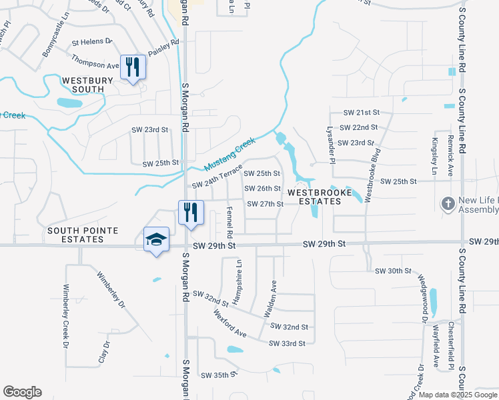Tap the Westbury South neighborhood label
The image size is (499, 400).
click(83, 85)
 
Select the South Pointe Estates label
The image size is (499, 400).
click(83, 235)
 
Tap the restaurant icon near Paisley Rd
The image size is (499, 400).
click(132, 67)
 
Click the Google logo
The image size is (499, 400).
click(22, 392)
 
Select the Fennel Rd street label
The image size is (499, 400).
click(229, 223)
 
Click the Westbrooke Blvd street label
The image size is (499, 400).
click(367, 179)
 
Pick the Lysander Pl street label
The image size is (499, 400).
click(328, 141)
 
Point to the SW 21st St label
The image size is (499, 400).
click(361, 113)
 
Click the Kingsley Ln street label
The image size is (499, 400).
click(434, 153)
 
